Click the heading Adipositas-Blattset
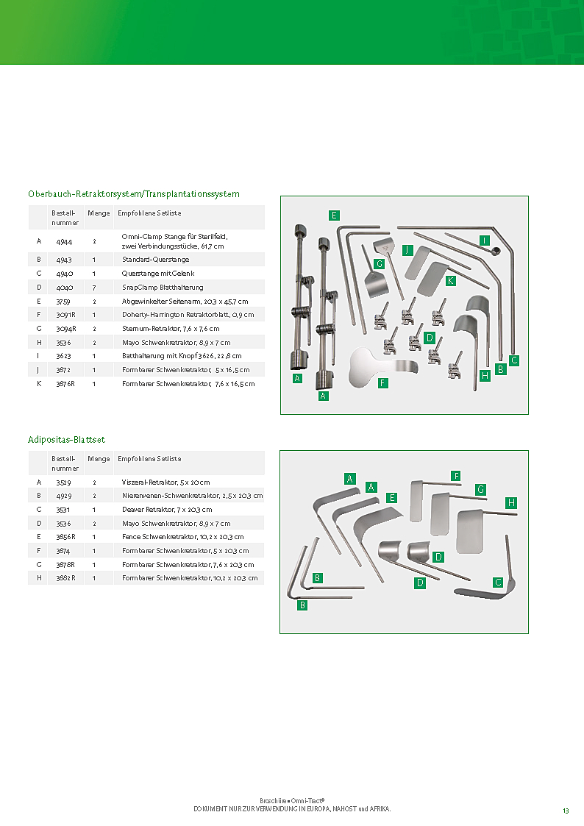tap(66, 440)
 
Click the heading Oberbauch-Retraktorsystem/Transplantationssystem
tap(133, 194)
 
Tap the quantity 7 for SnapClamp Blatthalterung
tap(95, 287)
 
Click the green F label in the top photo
tap(383, 383)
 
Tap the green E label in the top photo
tap(334, 215)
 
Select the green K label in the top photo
tap(450, 280)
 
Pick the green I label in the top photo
tap(484, 241)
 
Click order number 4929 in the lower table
tap(64, 496)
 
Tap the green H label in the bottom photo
tap(511, 502)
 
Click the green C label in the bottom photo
tap(498, 583)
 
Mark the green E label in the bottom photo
tap(392, 497)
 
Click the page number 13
tap(566, 811)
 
